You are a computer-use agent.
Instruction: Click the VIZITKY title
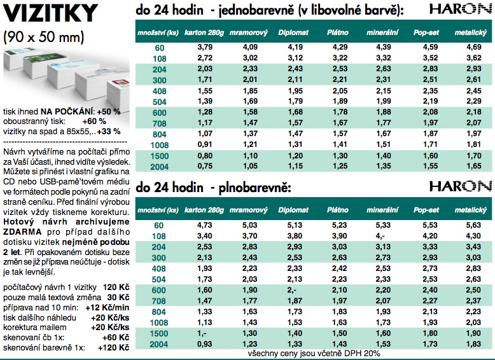pyautogui.click(x=51, y=13)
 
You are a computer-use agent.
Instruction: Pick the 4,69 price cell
pyautogui.click(x=470, y=47)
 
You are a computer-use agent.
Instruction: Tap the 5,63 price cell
pyautogui.click(x=470, y=224)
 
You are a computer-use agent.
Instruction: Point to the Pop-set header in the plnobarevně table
pyautogui.click(x=426, y=209)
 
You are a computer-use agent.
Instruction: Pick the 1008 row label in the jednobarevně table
pyautogui.click(x=159, y=144)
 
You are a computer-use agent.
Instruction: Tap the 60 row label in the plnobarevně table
pyautogui.click(x=159, y=224)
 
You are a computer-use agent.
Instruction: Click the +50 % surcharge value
pyautogui.click(x=109, y=111)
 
